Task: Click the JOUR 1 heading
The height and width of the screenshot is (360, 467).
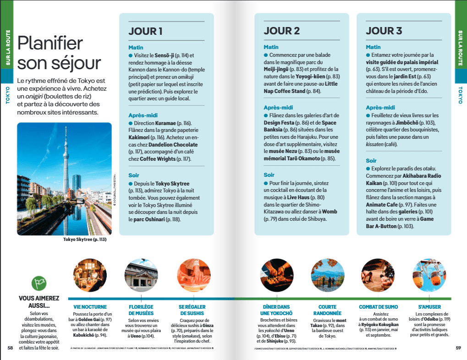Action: pyautogui.click(x=145, y=31)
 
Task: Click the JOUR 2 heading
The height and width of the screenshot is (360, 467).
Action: pyautogui.click(x=281, y=31)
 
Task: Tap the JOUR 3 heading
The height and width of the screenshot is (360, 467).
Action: pyautogui.click(x=384, y=31)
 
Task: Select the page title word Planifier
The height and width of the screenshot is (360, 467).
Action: pyautogui.click(x=50, y=44)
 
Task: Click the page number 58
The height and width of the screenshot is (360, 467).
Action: pyautogui.click(x=10, y=348)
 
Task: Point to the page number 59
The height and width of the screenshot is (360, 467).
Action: pyautogui.click(x=458, y=348)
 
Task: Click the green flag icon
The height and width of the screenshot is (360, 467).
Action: pyautogui.click(x=39, y=283)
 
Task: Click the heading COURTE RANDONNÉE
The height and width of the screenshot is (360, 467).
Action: pyautogui.click(x=327, y=310)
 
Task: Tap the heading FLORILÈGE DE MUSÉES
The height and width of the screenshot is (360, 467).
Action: pyautogui.click(x=141, y=310)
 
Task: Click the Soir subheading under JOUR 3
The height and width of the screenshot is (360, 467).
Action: pyautogui.click(x=371, y=161)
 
